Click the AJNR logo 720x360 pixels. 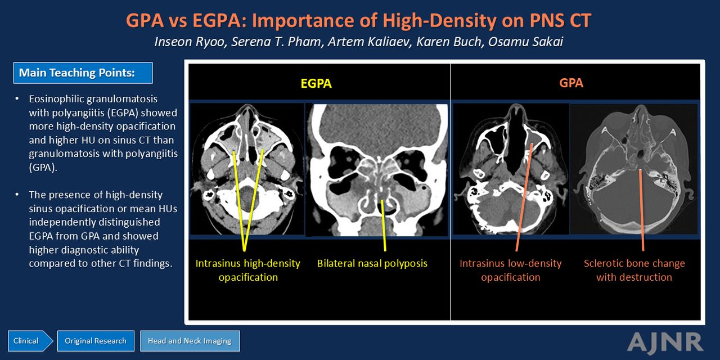[665, 343]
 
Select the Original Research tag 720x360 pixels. [96, 341]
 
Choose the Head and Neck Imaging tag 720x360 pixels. [190, 341]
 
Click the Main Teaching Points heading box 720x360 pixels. [83, 73]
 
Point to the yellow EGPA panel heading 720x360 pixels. [316, 84]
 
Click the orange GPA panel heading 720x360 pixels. [571, 83]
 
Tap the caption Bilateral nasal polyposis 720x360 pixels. [372, 264]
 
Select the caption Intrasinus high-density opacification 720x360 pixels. [248, 271]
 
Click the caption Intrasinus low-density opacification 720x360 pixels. [510, 271]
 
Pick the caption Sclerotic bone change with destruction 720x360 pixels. [634, 271]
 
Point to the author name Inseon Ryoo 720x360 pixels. [190, 42]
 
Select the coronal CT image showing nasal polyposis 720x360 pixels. [376, 170]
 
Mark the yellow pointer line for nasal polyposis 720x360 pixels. [384, 226]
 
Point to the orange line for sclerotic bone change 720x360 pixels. [642, 210]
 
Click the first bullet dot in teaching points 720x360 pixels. [17, 98]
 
